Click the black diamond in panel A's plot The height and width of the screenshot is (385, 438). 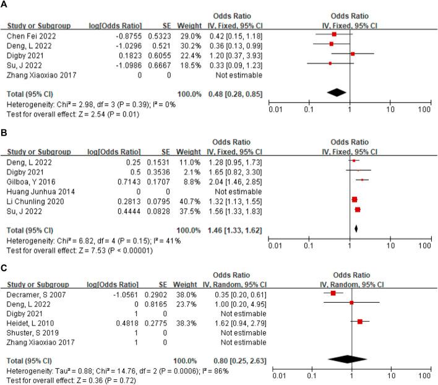click(336, 92)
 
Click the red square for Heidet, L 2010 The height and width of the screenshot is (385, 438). click(359, 321)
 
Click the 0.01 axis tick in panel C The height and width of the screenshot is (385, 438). click(280, 376)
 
